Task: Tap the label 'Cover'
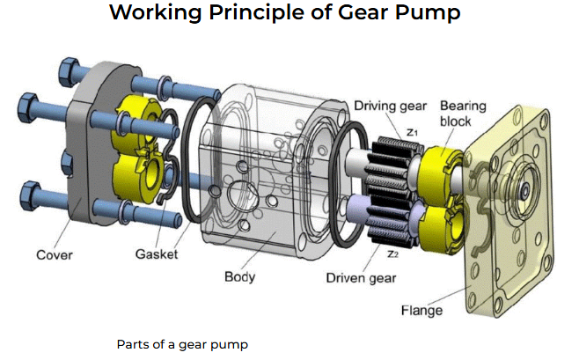click(x=54, y=255)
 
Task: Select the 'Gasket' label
click(x=157, y=254)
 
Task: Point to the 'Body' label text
click(x=239, y=277)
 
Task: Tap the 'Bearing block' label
click(x=463, y=112)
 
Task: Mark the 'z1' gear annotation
click(x=412, y=131)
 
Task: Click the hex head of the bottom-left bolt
click(x=28, y=191)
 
